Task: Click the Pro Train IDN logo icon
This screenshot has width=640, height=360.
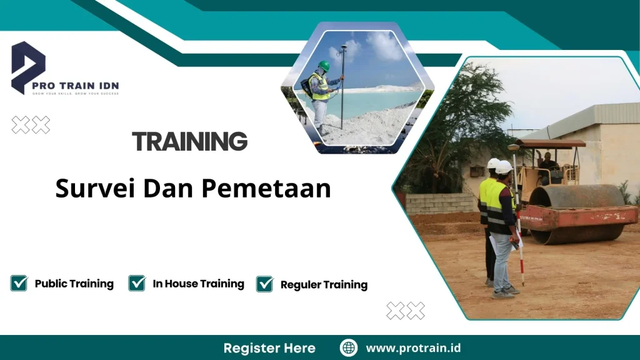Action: [x=27, y=66]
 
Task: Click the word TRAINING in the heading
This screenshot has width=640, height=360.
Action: [x=190, y=142]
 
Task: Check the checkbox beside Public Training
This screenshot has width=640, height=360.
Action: [x=19, y=283]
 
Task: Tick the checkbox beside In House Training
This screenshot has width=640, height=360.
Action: [x=137, y=283]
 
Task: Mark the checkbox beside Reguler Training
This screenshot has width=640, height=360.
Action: [x=264, y=284]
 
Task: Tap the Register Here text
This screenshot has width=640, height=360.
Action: [x=269, y=348]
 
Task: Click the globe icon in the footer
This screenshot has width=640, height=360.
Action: [x=348, y=348]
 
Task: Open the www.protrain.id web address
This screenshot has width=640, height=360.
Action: [x=413, y=348]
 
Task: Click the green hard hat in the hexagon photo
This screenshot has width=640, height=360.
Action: [x=324, y=66]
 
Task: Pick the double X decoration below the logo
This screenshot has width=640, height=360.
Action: [x=31, y=125]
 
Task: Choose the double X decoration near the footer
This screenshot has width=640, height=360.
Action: [x=405, y=310]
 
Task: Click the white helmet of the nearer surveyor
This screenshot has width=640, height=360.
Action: [x=504, y=167]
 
